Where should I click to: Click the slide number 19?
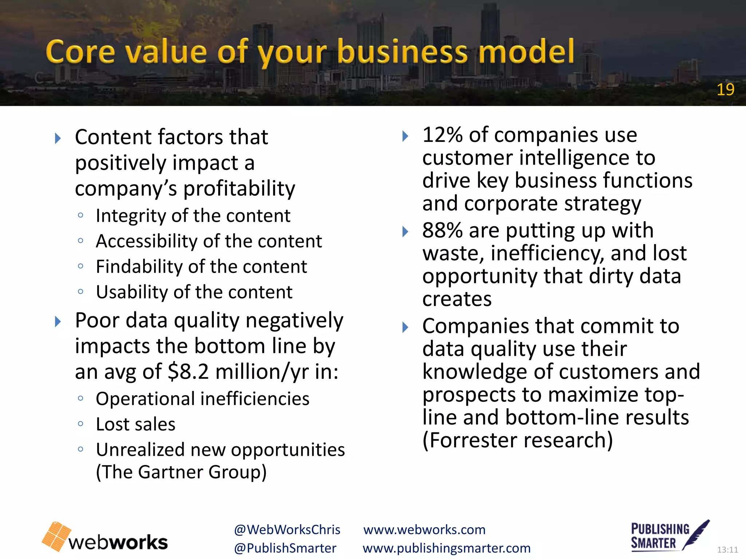click(725, 90)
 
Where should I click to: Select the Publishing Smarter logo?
click(670, 536)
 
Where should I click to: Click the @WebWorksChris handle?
click(287, 530)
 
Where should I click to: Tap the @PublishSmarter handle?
click(285, 548)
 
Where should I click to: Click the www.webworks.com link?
click(424, 530)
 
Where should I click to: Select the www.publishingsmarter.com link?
click(447, 548)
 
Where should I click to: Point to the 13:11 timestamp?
click(727, 550)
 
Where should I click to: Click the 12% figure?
click(442, 135)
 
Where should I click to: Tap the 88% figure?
click(442, 231)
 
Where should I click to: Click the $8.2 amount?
click(188, 372)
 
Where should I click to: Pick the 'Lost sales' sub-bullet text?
click(136, 424)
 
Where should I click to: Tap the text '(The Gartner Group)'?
click(181, 472)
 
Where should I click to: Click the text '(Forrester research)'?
click(517, 440)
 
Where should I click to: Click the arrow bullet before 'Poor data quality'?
click(58, 322)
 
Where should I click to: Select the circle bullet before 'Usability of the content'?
click(81, 292)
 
